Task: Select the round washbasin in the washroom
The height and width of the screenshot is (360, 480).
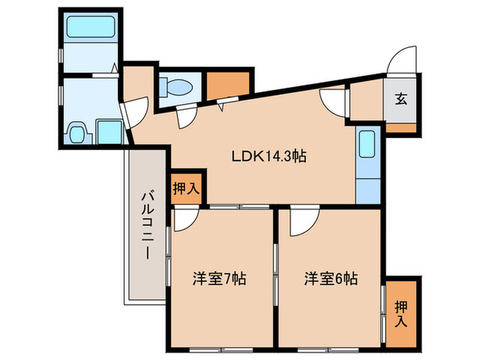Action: pyautogui.click(x=77, y=130)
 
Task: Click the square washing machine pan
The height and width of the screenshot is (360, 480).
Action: pyautogui.click(x=108, y=130)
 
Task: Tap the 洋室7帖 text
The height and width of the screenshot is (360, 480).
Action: pyautogui.click(x=219, y=279)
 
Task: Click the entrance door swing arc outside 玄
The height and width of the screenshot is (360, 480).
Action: pyautogui.click(x=400, y=60)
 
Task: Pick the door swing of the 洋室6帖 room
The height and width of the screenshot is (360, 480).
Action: pyautogui.click(x=301, y=221)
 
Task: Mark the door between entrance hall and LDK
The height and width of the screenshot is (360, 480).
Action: pyautogui.click(x=336, y=101)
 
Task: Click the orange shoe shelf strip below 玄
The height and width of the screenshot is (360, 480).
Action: pyautogui.click(x=400, y=128)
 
